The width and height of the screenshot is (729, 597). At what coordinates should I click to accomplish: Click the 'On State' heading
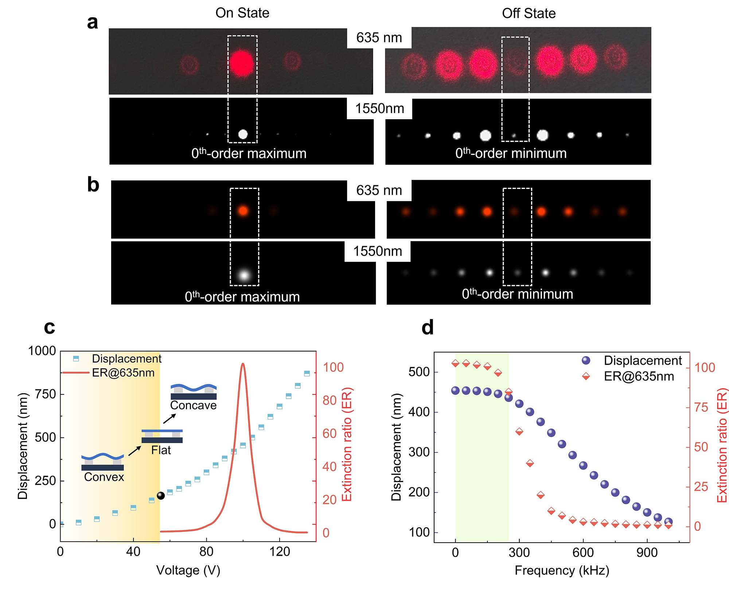click(x=242, y=13)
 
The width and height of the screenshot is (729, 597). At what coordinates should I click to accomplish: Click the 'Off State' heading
click(x=529, y=13)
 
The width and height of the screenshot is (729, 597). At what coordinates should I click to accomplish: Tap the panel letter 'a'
click(x=93, y=22)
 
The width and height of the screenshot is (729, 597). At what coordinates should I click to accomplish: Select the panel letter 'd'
click(x=428, y=327)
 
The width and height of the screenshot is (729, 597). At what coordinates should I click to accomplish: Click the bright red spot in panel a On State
click(x=241, y=63)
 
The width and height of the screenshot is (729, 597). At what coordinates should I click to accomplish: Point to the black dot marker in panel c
click(x=161, y=496)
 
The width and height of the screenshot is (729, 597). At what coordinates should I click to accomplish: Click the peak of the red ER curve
click(x=243, y=364)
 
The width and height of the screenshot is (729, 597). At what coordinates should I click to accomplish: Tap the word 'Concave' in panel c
click(x=193, y=405)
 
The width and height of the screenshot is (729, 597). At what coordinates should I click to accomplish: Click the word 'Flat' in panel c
click(x=161, y=450)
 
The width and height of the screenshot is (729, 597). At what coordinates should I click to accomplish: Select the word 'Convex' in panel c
click(x=104, y=477)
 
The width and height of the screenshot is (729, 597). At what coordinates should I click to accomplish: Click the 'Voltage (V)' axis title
click(x=188, y=570)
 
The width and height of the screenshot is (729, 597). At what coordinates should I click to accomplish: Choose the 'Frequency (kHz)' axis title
click(x=562, y=570)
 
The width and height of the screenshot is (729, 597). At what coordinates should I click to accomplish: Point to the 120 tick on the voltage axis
click(x=280, y=551)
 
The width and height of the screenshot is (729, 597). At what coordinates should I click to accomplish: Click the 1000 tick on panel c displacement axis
click(x=42, y=351)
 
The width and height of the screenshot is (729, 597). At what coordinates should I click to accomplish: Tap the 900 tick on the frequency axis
click(x=647, y=553)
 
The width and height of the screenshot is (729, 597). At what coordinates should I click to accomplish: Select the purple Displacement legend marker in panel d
click(x=586, y=360)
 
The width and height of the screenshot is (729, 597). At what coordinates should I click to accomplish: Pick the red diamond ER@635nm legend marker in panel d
click(x=586, y=376)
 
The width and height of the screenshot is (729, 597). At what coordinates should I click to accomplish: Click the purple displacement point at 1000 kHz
click(x=668, y=522)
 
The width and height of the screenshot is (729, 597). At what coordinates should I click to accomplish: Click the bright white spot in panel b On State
click(x=244, y=275)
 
